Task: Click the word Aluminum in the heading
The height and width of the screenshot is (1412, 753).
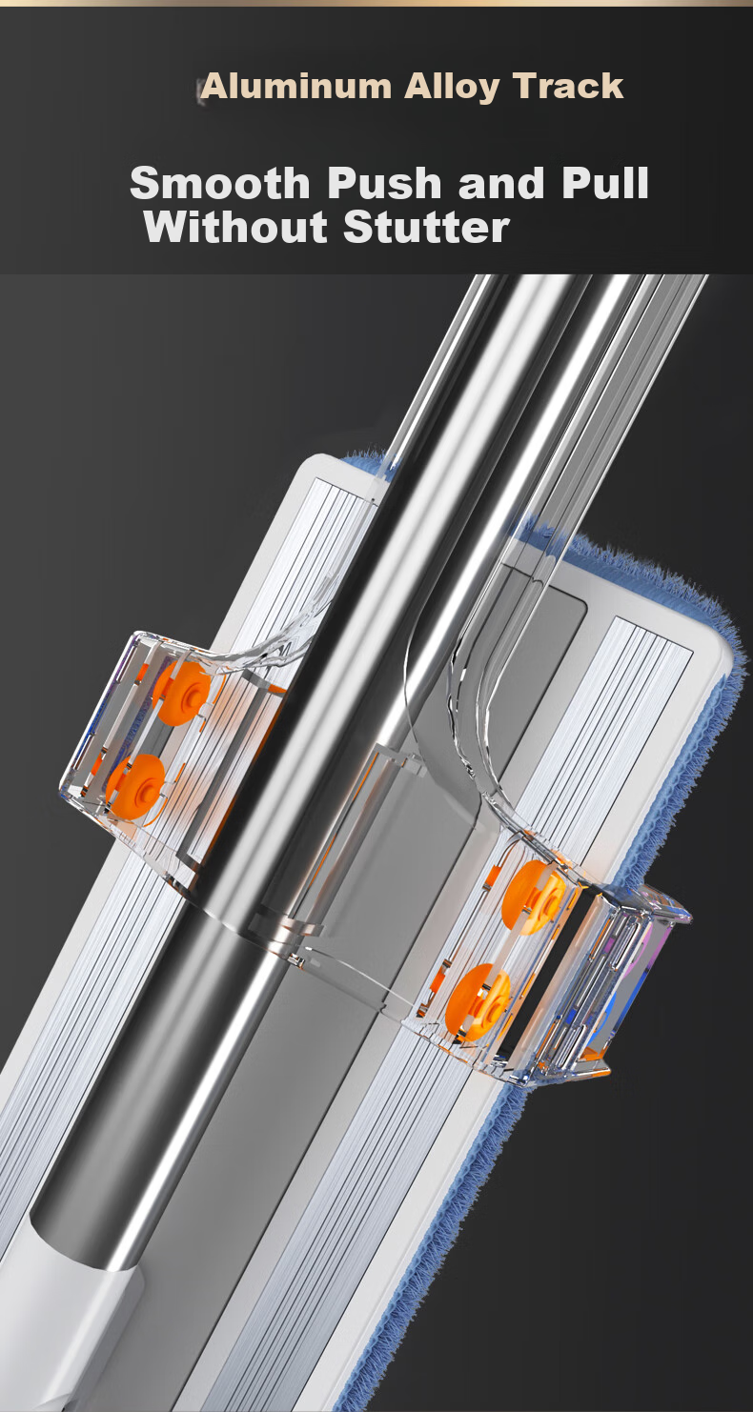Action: (x=296, y=87)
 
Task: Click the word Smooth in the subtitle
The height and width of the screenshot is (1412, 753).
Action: (x=220, y=184)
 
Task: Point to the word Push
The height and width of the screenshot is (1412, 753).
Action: (x=385, y=184)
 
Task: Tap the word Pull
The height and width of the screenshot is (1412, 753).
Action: (x=605, y=184)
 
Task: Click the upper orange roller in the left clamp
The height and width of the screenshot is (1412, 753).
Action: (x=182, y=693)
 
